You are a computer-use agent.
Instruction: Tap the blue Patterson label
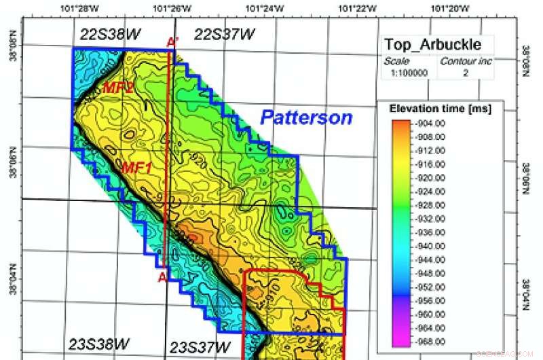coord(307,118)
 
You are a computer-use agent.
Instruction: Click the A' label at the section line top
coord(172,43)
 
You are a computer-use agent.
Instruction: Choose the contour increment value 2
coord(465,73)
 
